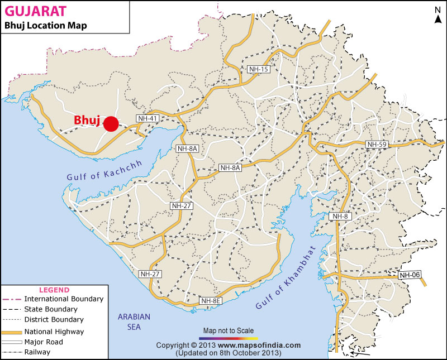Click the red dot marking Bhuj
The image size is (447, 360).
[x=111, y=124]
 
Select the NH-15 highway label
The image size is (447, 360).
[x=259, y=69]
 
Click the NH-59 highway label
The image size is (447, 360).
[x=376, y=145]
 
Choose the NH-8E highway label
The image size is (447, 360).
[x=211, y=301]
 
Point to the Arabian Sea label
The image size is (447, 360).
[x=134, y=321]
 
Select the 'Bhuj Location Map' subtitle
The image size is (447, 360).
[x=45, y=26]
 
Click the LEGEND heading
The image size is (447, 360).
[x=54, y=290]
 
